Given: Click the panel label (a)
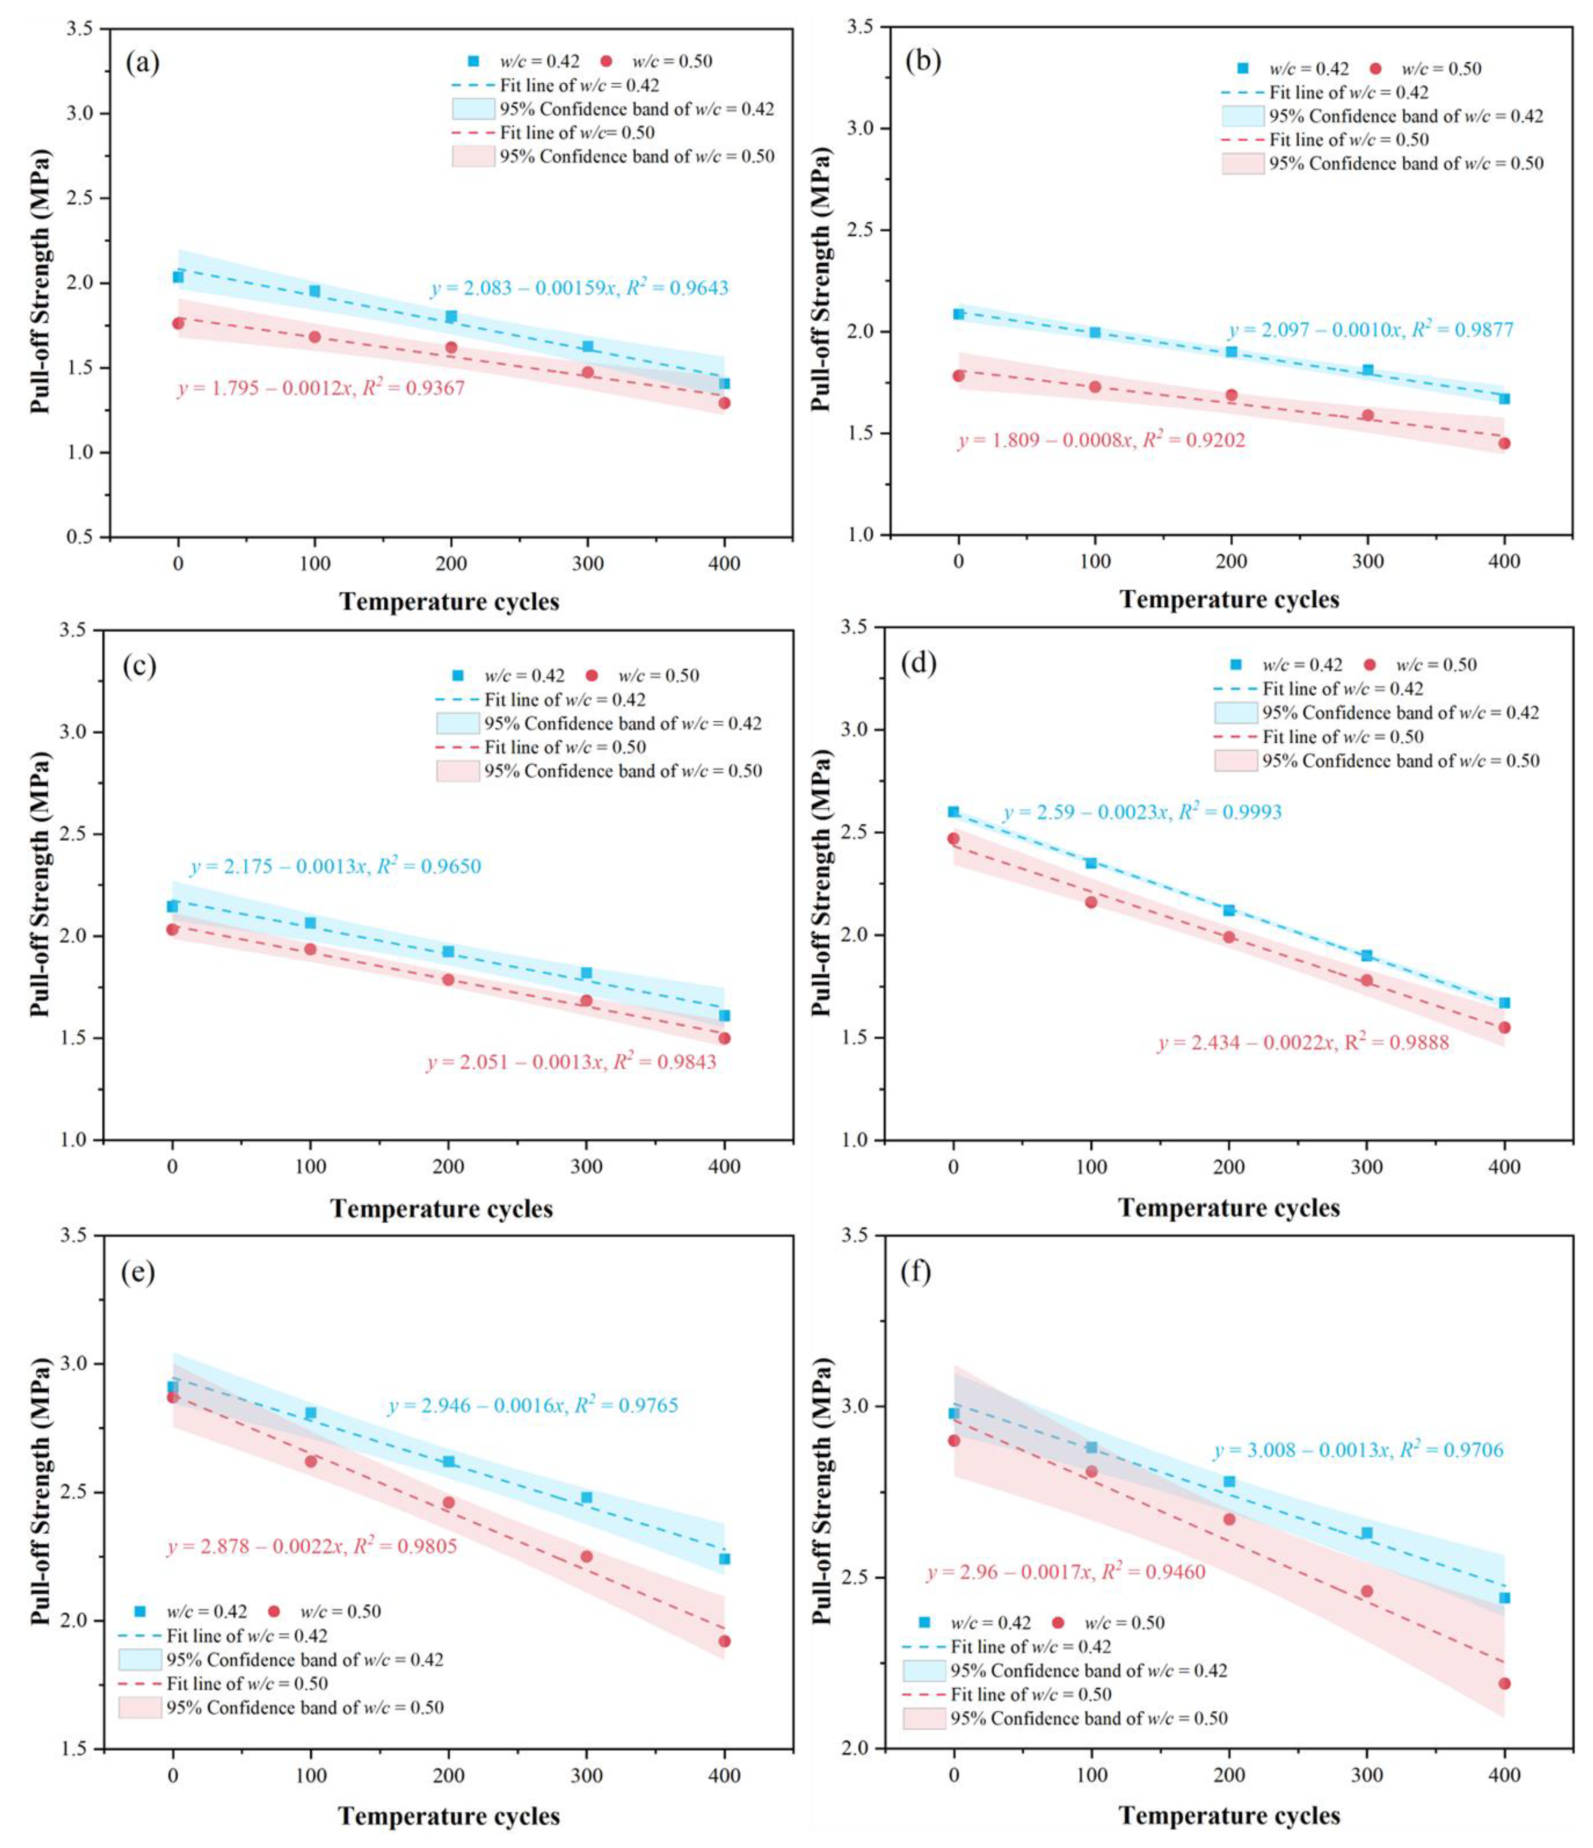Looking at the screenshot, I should click(x=142, y=63).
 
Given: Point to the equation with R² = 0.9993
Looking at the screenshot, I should click(x=1142, y=812).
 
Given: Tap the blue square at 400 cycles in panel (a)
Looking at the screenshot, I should click(x=724, y=384).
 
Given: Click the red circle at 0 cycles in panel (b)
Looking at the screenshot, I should click(x=958, y=375).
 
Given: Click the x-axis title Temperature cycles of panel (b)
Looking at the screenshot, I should click(x=1229, y=599).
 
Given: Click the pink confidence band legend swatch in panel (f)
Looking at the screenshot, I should click(x=923, y=1719).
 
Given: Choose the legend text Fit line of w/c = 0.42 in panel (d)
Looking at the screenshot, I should click(x=1343, y=689).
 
